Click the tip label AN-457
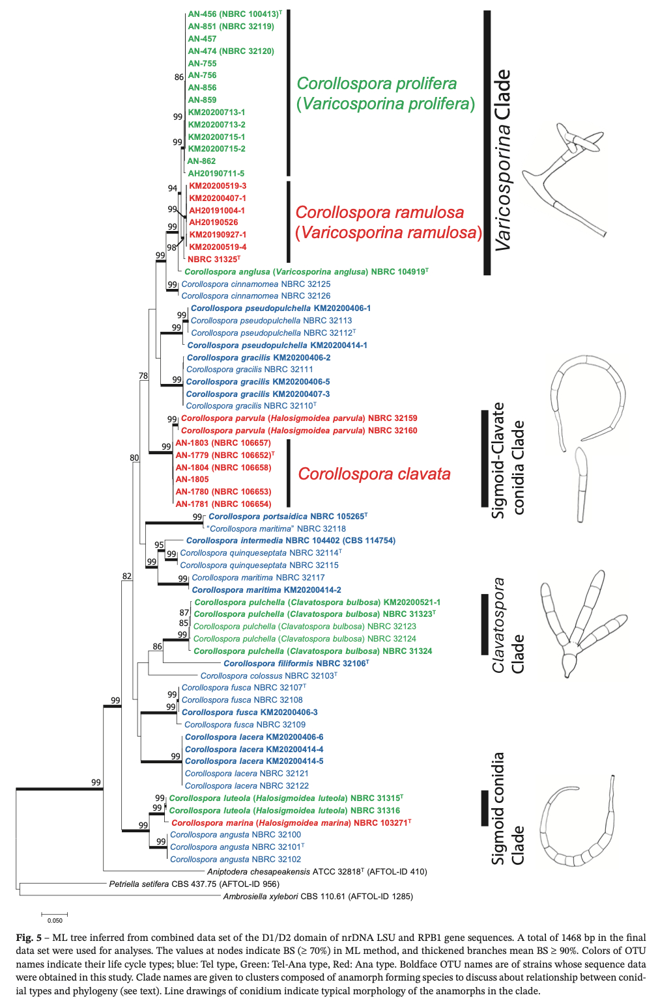[x=202, y=39]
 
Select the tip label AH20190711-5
[x=216, y=174]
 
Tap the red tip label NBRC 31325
[x=214, y=260]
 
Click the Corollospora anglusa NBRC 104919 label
[x=306, y=272]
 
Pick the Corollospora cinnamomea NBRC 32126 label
[x=255, y=296]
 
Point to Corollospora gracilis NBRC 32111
[x=250, y=370]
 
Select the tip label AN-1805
[x=192, y=480]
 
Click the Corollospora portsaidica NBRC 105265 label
[x=287, y=517]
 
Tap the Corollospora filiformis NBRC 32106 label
[x=296, y=664]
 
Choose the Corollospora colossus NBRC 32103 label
[x=268, y=676]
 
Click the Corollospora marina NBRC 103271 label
[x=291, y=823]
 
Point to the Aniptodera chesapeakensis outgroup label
[x=317, y=872]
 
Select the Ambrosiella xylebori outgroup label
[x=318, y=897]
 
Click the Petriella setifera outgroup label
[x=194, y=884]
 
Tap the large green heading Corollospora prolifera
[x=377, y=84]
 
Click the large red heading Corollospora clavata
[x=374, y=474]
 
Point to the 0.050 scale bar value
[x=55, y=921]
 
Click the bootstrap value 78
[x=143, y=376]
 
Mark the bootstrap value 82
[x=127, y=577]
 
